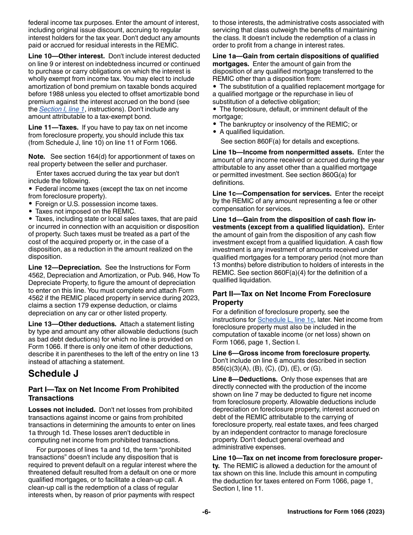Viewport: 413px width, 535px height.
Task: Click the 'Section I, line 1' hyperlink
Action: (x=62, y=109)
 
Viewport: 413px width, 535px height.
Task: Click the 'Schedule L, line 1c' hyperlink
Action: (x=285, y=320)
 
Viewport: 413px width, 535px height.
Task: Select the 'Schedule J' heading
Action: (x=50, y=374)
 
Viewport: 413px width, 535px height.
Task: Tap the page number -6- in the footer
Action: (x=206, y=512)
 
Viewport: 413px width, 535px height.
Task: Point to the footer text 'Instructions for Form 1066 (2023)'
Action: (x=336, y=512)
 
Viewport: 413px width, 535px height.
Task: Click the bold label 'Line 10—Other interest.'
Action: (x=67, y=56)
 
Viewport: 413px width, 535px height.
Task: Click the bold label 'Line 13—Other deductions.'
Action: (x=72, y=324)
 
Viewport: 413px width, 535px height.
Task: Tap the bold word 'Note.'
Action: (x=37, y=157)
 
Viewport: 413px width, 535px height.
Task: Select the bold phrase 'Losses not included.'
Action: (x=62, y=410)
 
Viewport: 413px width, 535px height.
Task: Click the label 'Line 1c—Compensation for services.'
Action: (x=272, y=194)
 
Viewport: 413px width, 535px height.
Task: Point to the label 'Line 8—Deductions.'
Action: (x=245, y=379)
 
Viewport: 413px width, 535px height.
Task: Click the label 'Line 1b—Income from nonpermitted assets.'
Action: (x=283, y=152)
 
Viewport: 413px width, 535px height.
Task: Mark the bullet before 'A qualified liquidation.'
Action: (x=215, y=132)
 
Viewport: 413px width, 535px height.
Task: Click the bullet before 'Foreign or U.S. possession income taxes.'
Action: (x=30, y=204)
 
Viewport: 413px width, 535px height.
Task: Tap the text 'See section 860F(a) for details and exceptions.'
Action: (x=290, y=141)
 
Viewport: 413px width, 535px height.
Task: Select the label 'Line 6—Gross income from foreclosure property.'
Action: (x=291, y=353)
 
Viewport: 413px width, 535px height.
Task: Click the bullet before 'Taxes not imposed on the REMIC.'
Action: (x=30, y=212)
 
